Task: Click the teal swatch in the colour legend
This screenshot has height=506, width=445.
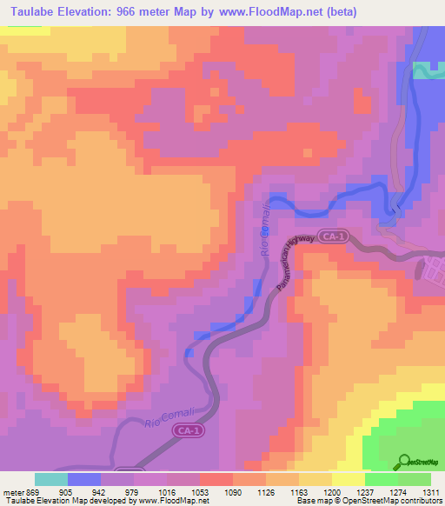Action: (x=51, y=479)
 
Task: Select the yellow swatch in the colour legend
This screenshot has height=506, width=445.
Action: (x=348, y=479)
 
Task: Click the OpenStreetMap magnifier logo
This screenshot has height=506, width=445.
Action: (x=405, y=460)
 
